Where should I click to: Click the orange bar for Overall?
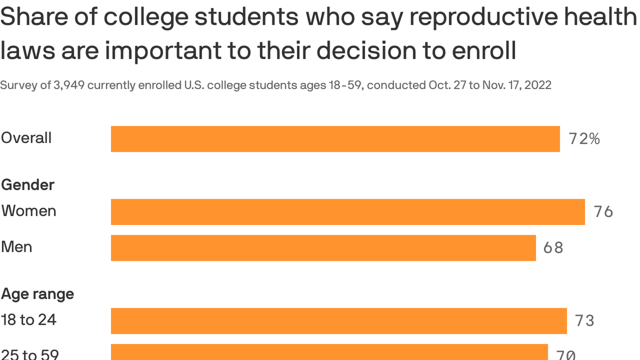[335, 139]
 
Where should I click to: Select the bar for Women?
[348, 212]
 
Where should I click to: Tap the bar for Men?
[323, 247]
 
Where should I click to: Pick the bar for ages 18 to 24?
[339, 321]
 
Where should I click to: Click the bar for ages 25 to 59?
[329, 352]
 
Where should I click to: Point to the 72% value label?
[584, 139]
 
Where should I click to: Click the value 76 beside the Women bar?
[603, 212]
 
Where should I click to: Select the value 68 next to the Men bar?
[553, 247]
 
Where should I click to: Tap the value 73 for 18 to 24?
[584, 321]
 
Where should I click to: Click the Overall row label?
[26, 138]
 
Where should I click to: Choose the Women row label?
[29, 211]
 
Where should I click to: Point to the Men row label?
[16, 247]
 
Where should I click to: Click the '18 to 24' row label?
[29, 320]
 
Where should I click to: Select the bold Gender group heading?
[28, 185]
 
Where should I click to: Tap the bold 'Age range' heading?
[37, 294]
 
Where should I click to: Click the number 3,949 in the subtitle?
[69, 85]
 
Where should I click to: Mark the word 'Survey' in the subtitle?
[14, 85]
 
